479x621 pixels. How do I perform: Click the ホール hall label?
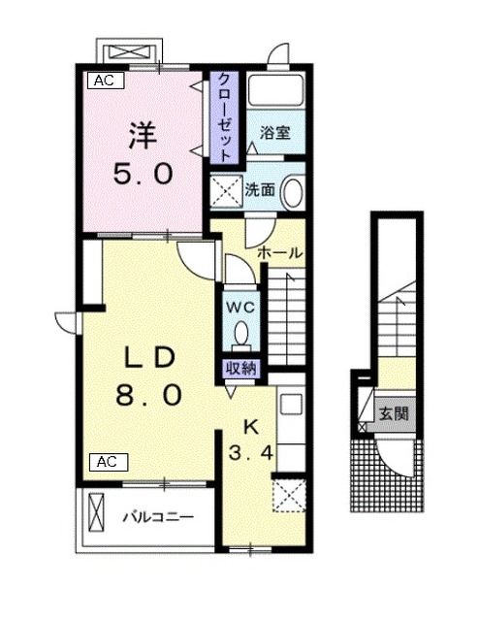pos(279,252)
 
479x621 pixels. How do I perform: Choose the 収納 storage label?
pos(240,367)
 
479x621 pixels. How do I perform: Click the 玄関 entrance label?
pos(393,414)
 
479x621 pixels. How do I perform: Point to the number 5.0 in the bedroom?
pos(143,174)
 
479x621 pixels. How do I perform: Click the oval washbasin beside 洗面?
pos(291,192)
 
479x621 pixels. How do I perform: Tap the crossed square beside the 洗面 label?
pos(229,191)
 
